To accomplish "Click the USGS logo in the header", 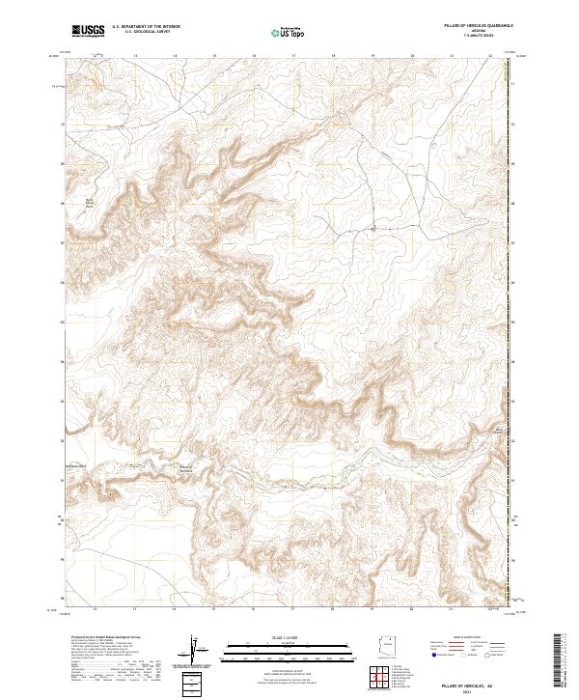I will pos(88,31).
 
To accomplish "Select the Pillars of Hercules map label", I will pos(185,468).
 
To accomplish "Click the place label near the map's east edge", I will pos(499,429).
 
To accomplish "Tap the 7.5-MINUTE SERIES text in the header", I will pos(476,38).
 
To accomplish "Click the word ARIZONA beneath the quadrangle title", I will pos(476,32).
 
